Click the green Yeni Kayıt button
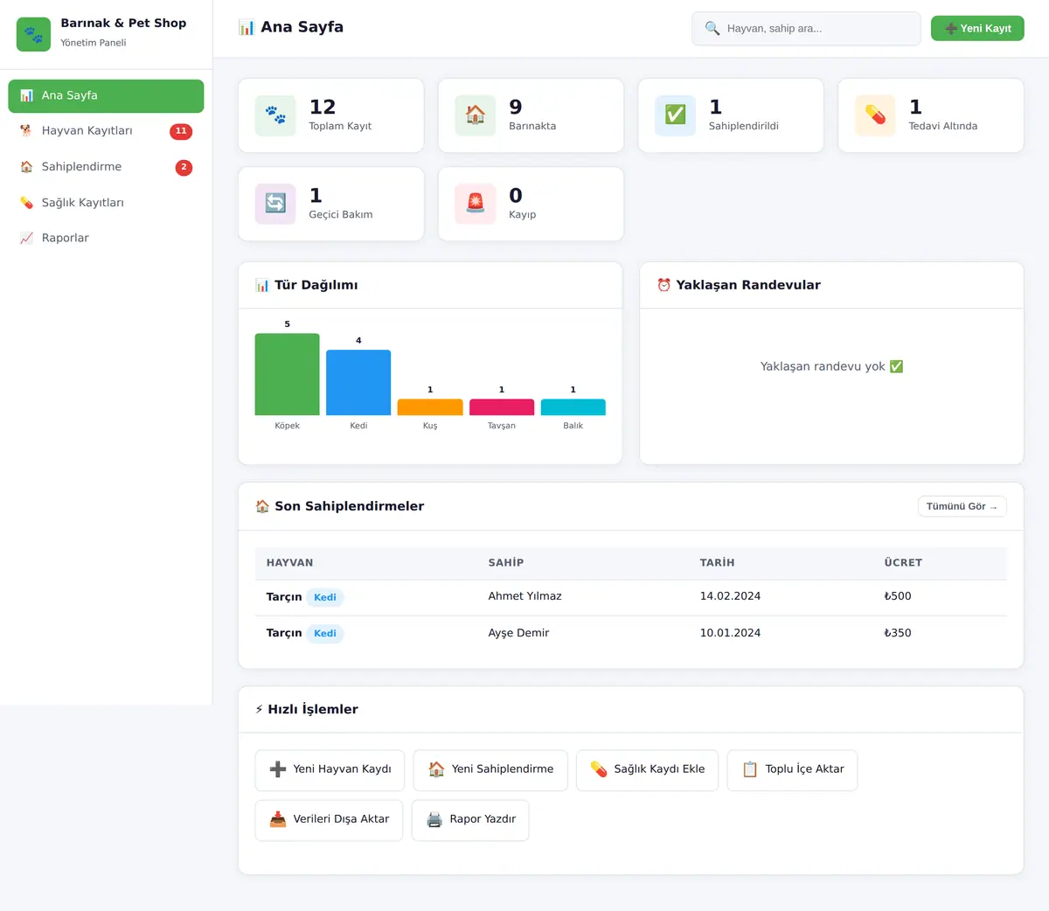coord(977,28)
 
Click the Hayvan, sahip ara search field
coord(806,28)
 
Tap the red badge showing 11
coord(181,131)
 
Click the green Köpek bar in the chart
coord(287,374)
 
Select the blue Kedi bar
coord(358,382)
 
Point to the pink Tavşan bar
coord(502,407)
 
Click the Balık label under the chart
coord(573,426)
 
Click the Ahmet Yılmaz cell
coord(524,595)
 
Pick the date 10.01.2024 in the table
coord(730,633)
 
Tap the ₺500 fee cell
coord(897,595)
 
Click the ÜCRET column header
coord(903,562)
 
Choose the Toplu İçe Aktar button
coord(792,769)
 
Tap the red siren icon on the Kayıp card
coord(476,203)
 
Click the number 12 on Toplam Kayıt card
coord(323,107)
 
